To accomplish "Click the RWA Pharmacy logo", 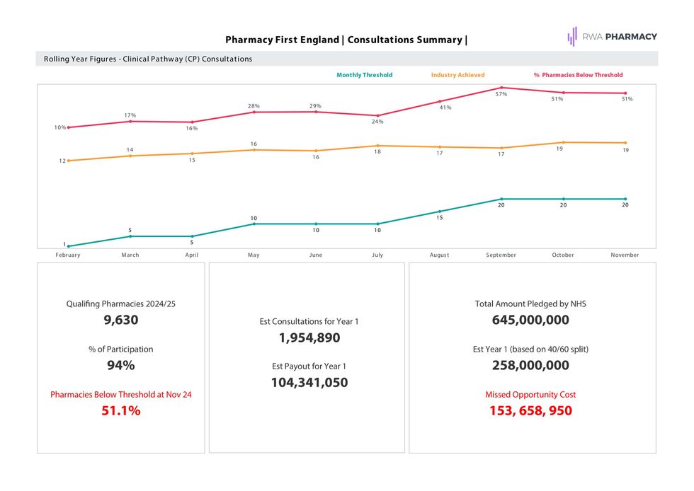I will click(612, 37).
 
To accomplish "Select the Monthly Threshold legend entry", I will click(364, 75).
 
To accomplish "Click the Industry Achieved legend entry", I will click(457, 75).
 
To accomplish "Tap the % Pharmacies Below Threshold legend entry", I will click(578, 75).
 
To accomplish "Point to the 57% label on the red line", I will click(501, 94).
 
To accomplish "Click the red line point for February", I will click(69, 127).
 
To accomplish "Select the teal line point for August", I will click(440, 212).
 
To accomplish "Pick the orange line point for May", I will click(254, 150).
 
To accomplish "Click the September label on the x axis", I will click(501, 255).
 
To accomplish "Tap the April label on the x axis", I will click(192, 255).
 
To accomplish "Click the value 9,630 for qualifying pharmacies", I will click(120, 320).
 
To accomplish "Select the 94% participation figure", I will click(120, 365).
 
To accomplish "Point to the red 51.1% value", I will click(120, 410).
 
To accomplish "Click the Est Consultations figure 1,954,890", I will click(309, 338).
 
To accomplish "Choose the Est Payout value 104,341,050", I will click(309, 383).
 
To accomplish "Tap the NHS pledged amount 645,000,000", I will click(530, 320).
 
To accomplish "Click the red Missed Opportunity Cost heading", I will click(530, 395).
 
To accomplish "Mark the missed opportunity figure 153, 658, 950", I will click(530, 410).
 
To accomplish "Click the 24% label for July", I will click(377, 122).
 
